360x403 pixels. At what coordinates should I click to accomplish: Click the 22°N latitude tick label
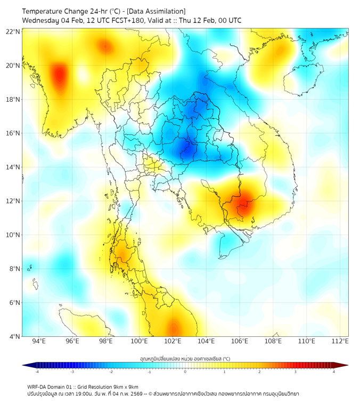tap(13, 31)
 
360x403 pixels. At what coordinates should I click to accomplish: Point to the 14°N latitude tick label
tap(13, 167)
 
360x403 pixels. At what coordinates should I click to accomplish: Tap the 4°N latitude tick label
tap(15, 336)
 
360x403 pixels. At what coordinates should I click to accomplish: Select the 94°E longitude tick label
tap(38, 341)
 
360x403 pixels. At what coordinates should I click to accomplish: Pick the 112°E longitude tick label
tap(340, 341)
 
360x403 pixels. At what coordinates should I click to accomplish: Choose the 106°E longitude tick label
tap(240, 341)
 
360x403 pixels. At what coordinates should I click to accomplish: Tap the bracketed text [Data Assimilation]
tap(156, 11)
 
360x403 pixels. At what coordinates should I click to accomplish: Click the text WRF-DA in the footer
tap(38, 387)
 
